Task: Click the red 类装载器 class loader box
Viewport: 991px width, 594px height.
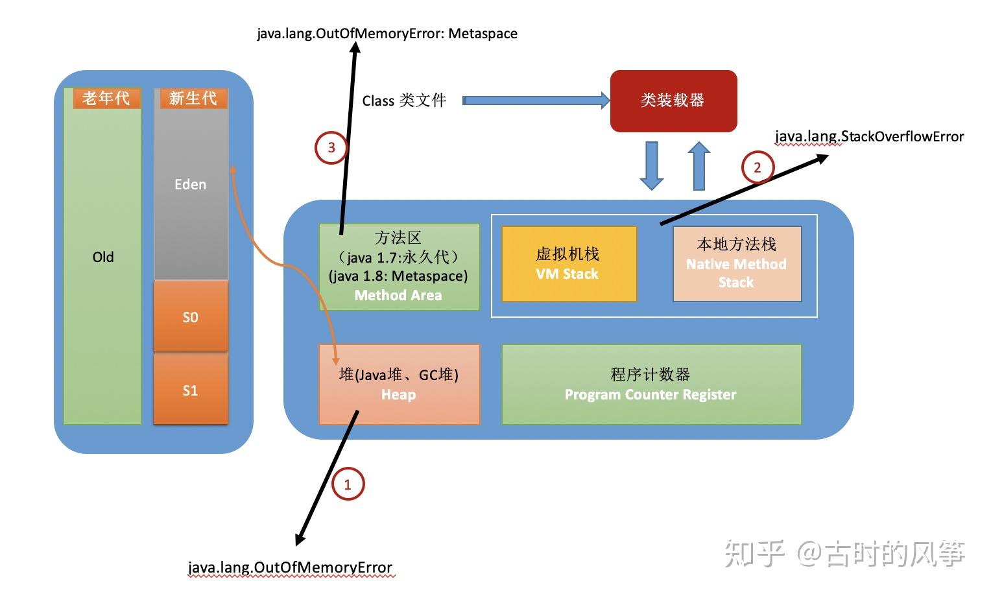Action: pyautogui.click(x=673, y=101)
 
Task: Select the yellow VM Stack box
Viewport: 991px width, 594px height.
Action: pyautogui.click(x=569, y=264)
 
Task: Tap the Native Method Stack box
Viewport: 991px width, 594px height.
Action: pyautogui.click(x=737, y=264)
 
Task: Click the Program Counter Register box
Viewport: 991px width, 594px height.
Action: pyautogui.click(x=651, y=385)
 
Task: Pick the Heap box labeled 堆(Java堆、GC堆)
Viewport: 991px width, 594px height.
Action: pyautogui.click(x=398, y=385)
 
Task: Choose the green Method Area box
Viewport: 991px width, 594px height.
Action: pyautogui.click(x=399, y=267)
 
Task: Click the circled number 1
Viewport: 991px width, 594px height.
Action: pyautogui.click(x=348, y=484)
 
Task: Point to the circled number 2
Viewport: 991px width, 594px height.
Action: pyautogui.click(x=757, y=168)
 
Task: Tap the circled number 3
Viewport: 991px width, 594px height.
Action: pyautogui.click(x=331, y=148)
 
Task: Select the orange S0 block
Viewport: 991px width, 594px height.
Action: pyautogui.click(x=190, y=317)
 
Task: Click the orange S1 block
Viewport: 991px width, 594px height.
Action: pyautogui.click(x=190, y=390)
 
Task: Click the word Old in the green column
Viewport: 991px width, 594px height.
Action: pyautogui.click(x=102, y=257)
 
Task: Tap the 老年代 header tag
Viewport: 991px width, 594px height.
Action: pyautogui.click(x=106, y=99)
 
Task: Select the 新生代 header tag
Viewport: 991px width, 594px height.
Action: pyautogui.click(x=193, y=99)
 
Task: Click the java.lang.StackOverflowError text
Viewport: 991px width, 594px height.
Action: pyautogui.click(x=869, y=137)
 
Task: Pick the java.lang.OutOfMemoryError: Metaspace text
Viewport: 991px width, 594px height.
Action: pyautogui.click(x=387, y=34)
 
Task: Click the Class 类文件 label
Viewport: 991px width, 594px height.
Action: pyautogui.click(x=404, y=101)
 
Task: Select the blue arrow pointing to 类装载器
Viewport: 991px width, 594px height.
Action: pyautogui.click(x=536, y=101)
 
